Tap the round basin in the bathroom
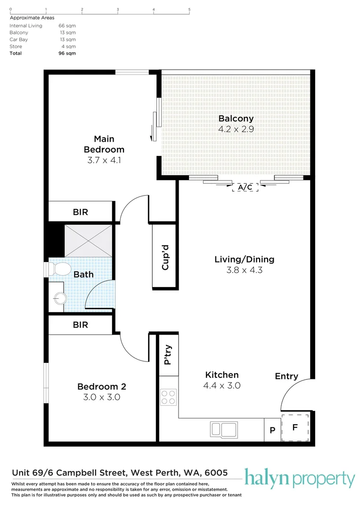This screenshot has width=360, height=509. tap(60, 298)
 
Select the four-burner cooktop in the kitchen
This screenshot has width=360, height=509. tap(169, 397)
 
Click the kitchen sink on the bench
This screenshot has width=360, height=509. tap(224, 430)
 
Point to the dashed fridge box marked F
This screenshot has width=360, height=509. tap(295, 427)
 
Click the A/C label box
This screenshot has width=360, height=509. tap(245, 187)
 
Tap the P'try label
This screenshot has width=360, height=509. tap(168, 354)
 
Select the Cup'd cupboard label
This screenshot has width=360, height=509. tap(165, 257)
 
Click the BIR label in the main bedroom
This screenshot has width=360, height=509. tap(81, 212)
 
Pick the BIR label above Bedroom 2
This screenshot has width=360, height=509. tap(81, 325)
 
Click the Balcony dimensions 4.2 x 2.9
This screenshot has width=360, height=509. tap(236, 129)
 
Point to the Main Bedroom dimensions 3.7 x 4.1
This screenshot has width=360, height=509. tap(104, 160)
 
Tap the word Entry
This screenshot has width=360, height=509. tap(286, 376)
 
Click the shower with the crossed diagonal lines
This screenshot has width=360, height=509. tap(88, 240)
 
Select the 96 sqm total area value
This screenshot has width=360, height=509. tap(67, 53)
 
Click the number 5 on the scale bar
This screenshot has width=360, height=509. tap(189, 9)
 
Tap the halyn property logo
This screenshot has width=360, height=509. tap(300, 478)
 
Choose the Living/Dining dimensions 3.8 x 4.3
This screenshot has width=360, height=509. tap(245, 270)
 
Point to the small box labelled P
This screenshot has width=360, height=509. tap(272, 430)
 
